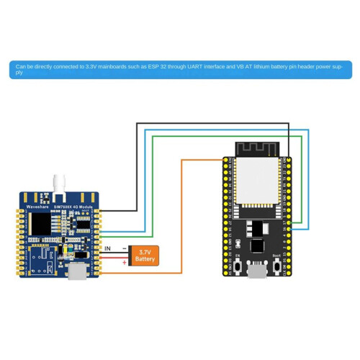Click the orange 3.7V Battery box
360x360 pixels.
(145, 255)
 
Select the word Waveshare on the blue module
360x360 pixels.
(37, 206)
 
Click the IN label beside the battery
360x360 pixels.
(108, 248)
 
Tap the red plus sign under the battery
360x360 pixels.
(125, 263)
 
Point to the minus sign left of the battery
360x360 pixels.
(125, 248)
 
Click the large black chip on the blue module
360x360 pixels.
(42, 224)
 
